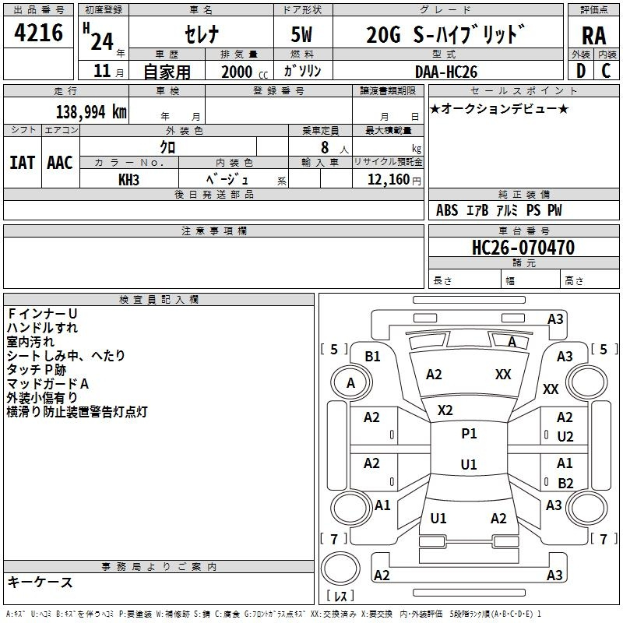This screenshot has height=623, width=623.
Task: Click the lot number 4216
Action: pos(38,33)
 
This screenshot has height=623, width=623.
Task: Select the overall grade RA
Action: pos(593,36)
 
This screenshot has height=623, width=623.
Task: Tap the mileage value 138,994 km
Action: pos(91,112)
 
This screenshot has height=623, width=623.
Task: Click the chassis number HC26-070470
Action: pos(523,248)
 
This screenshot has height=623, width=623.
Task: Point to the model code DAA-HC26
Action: pos(445,72)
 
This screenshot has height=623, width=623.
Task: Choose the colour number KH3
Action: pos(128,180)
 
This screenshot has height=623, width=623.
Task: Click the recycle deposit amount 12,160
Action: pos(388,180)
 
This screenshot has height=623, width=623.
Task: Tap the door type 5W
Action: pos(301,34)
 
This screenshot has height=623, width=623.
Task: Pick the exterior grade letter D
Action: pos(580,71)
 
